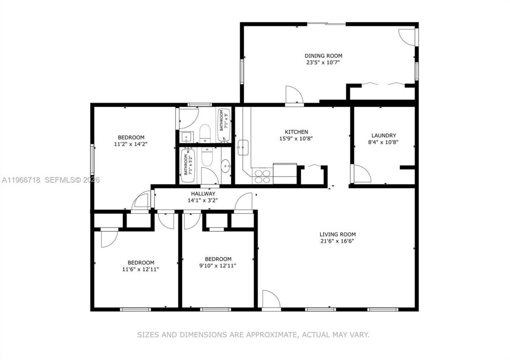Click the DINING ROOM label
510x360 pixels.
tap(323, 56)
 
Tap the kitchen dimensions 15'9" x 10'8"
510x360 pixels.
tap(296, 139)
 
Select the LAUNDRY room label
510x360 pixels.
tap(383, 135)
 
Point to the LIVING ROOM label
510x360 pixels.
tap(337, 235)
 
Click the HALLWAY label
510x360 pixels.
tap(203, 194)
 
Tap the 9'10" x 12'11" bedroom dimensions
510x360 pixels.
tap(218, 265)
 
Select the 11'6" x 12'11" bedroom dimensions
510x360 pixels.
tap(141, 269)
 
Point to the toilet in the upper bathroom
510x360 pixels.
tap(205, 133)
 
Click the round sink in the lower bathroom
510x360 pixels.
tap(226, 165)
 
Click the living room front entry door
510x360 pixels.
tap(271, 299)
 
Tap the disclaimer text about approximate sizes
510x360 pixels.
tap(253, 335)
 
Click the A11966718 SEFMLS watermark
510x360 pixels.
tap(50, 180)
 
